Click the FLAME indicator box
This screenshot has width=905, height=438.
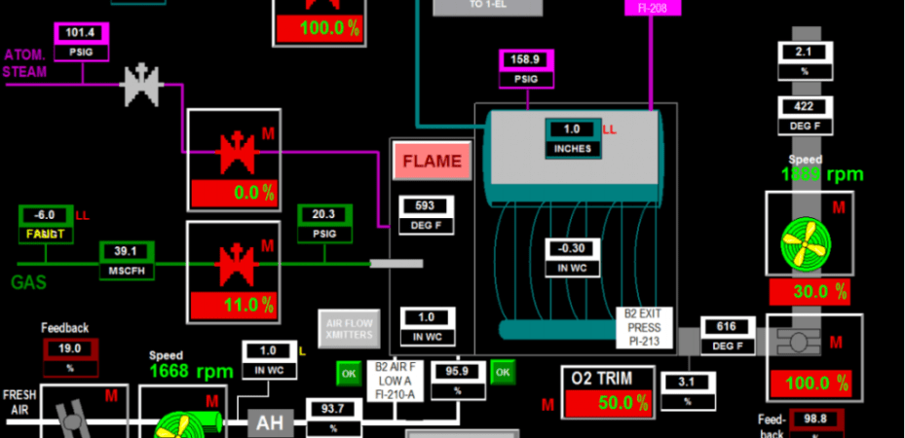[432, 162]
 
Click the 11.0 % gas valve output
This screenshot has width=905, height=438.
[234, 305]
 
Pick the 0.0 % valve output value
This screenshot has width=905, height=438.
[234, 193]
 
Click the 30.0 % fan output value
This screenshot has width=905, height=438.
[809, 292]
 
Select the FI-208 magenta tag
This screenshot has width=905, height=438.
[652, 7]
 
